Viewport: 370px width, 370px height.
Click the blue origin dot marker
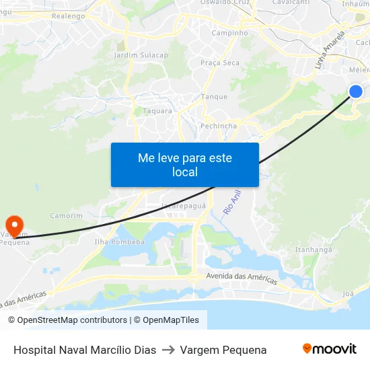pos(356,91)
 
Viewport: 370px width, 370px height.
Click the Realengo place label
pos(68,15)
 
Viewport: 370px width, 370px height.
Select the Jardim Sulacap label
pos(141,55)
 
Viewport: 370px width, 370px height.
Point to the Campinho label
pos(229,32)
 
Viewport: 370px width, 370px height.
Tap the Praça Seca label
pos(219,63)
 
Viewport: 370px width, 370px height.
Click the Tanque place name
pos(215,96)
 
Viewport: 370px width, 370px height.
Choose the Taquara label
pos(157,111)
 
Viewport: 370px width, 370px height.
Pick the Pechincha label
pos(219,126)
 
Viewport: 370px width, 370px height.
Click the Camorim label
pos(66,215)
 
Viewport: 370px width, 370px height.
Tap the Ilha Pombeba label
pos(120,242)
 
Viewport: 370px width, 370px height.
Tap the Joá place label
pos(348,294)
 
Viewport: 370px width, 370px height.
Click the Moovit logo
pos(329,349)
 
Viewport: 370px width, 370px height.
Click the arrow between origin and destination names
pos(168,350)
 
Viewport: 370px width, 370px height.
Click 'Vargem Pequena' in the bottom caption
pos(223,350)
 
